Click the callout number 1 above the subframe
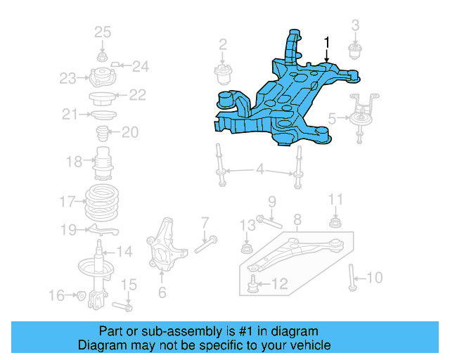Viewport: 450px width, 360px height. [326, 44]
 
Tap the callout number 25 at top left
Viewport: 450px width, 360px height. [103, 32]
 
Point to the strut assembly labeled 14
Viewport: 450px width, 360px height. [99, 274]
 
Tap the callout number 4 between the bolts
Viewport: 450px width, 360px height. [260, 169]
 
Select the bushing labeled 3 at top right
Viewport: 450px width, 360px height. [356, 51]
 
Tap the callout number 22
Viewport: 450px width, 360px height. [137, 95]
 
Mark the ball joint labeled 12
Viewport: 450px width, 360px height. [253, 284]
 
